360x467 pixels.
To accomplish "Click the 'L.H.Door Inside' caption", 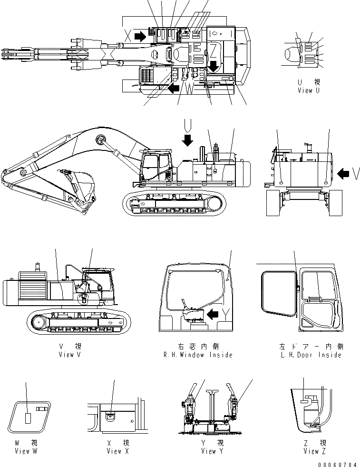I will (311, 355).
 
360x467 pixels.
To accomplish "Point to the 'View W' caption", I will (26, 451).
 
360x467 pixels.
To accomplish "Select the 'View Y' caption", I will (209, 451).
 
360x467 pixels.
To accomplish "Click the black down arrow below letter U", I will (187, 139).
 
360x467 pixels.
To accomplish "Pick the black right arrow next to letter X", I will (141, 36).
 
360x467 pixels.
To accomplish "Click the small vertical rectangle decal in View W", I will (28, 418).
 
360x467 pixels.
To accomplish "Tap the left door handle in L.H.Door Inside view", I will (298, 288).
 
